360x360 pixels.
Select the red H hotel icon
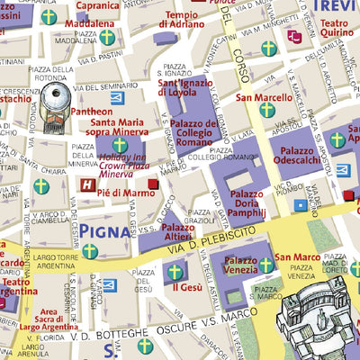click(x=87, y=186)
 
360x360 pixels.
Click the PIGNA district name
click(x=109, y=233)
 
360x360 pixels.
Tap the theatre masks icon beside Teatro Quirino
click(x=295, y=37)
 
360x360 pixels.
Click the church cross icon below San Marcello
click(x=266, y=110)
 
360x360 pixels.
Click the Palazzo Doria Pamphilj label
click(x=247, y=202)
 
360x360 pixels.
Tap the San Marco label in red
click(x=296, y=257)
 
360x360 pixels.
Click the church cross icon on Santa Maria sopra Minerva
click(x=120, y=145)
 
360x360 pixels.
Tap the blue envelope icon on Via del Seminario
click(x=116, y=97)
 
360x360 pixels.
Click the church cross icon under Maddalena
click(x=107, y=38)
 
